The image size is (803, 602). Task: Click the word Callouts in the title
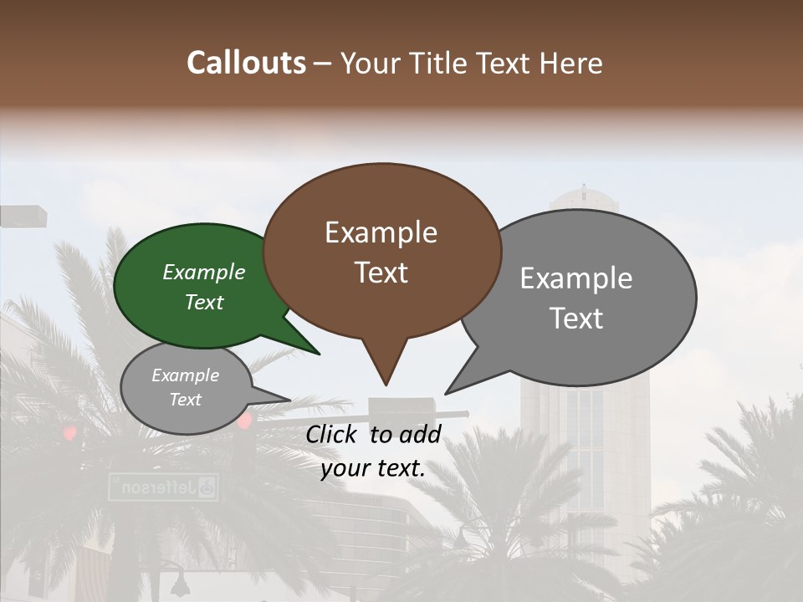coord(246,63)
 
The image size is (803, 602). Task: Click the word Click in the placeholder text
coord(334,434)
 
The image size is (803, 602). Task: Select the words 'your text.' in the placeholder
coord(373,468)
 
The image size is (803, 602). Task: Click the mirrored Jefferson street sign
coord(163,487)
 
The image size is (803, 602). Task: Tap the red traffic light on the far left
coord(70,433)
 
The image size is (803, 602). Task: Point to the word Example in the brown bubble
coord(381,232)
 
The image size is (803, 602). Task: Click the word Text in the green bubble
coord(204,302)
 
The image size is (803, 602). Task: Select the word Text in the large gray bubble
coord(576,318)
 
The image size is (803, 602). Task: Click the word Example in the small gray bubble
coord(185,375)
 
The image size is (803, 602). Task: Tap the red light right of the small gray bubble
coord(244,421)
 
